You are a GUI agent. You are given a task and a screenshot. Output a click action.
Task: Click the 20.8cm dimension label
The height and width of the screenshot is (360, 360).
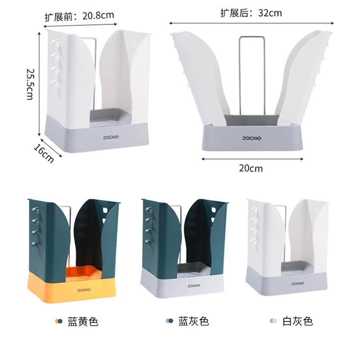98,16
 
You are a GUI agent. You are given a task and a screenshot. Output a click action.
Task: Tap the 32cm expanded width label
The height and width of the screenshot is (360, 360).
270,13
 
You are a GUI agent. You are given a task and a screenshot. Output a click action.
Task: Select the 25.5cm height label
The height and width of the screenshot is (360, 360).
30,84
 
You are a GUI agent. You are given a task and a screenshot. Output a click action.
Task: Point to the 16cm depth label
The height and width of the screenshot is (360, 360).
44,153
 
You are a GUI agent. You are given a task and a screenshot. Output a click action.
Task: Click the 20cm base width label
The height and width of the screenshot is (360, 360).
251,168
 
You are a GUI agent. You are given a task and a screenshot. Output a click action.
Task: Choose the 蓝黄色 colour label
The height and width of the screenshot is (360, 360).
83,321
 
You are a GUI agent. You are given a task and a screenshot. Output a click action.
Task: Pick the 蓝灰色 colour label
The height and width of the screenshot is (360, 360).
193,321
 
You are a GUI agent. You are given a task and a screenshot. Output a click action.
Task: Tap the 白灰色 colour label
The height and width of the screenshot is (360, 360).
297,321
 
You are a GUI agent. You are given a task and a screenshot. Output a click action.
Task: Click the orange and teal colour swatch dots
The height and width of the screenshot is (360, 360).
59,321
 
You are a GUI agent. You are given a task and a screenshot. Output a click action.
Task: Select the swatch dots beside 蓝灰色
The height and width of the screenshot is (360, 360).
170,321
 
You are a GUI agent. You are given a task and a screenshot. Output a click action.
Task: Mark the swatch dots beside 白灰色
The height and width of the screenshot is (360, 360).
274,321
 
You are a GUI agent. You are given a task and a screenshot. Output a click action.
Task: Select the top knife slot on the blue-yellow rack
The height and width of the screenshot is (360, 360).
36,210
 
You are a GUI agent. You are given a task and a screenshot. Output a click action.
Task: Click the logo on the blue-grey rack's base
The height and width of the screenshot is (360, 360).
194,286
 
